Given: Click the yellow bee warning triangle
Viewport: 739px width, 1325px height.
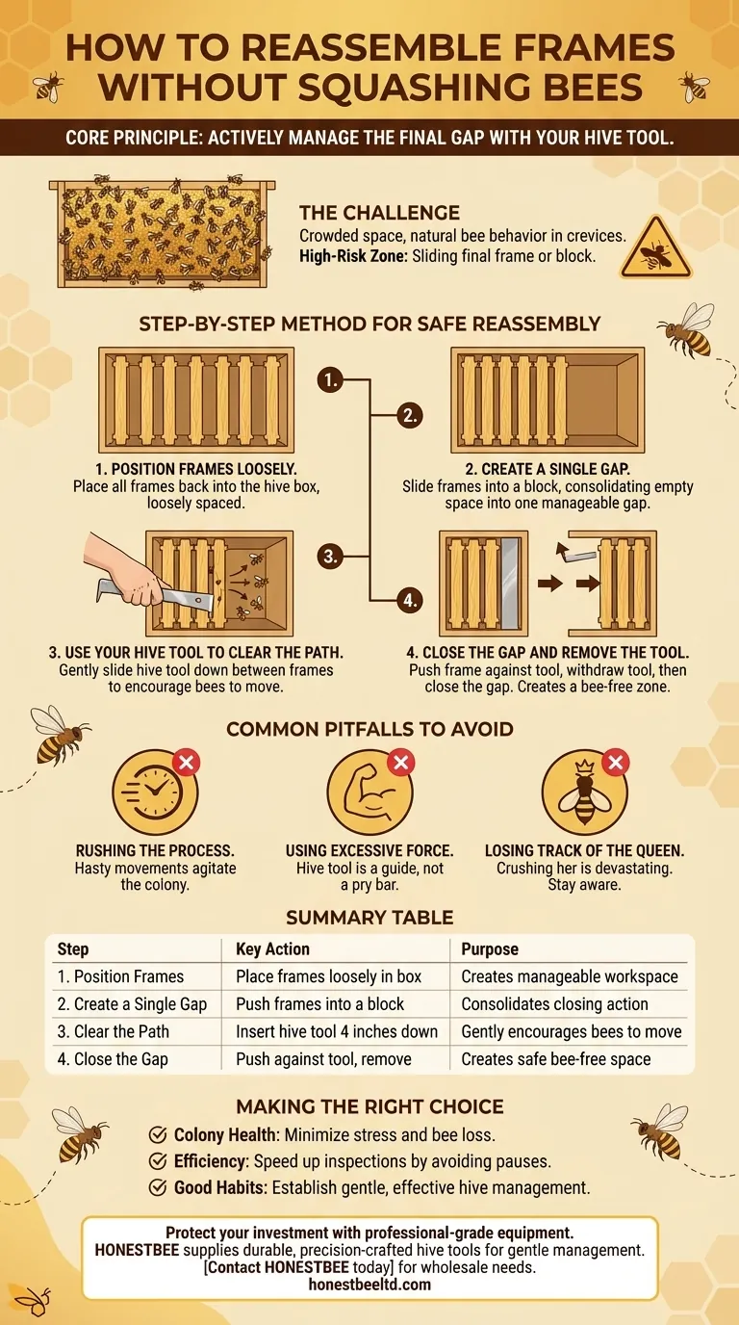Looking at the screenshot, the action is [655, 249].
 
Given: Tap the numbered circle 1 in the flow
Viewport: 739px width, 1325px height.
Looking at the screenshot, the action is [330, 379].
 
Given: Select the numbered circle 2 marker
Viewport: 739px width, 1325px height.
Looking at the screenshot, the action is [409, 415].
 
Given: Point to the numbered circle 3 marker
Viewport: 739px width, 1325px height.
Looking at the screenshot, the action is [330, 557].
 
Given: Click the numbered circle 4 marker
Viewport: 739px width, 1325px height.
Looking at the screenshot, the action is [409, 601].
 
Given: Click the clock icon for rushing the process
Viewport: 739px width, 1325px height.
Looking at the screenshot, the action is [155, 792].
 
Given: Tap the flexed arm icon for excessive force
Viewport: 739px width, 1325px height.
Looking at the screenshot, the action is [369, 792].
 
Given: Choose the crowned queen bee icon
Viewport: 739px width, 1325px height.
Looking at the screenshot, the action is [584, 792].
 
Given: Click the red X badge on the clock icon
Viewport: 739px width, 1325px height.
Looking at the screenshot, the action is [187, 762].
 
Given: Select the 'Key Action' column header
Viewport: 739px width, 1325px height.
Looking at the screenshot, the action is [272, 948].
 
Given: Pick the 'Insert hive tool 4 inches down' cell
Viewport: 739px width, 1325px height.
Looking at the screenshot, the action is [337, 1031].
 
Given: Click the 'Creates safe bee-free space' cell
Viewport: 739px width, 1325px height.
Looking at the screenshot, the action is [556, 1059].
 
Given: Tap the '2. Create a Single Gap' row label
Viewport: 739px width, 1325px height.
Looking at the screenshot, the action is [132, 1003].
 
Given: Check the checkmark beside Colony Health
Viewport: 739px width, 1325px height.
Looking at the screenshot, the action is [157, 1134].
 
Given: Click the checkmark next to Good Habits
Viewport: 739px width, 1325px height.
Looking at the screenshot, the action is [157, 1187].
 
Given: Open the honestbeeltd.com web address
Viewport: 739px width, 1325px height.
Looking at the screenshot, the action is [369, 1285].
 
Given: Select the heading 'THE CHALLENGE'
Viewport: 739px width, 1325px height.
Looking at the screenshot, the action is [379, 213].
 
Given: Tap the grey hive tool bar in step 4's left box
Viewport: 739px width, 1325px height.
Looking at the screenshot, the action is [510, 584].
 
